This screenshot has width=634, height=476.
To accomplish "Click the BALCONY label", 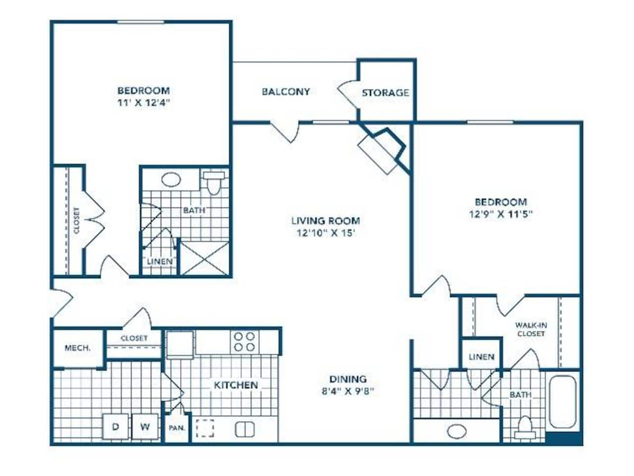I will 286,91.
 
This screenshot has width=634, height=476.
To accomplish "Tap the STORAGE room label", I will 385,93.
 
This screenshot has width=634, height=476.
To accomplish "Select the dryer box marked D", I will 116,427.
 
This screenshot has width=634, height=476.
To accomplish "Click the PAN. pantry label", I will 176,428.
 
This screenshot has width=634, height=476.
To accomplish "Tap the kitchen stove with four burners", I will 244,341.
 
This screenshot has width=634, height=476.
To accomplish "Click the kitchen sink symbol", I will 244,429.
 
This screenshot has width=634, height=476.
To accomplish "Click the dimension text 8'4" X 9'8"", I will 348,392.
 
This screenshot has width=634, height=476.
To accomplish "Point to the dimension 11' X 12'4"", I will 143,102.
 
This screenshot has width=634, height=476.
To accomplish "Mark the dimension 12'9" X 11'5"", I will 500,214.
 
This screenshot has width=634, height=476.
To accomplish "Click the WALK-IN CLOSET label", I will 530,330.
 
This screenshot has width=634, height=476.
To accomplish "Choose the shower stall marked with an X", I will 204,258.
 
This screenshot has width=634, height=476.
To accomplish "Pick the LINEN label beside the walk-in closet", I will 481,356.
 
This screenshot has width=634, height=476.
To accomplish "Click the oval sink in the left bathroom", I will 171,179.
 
